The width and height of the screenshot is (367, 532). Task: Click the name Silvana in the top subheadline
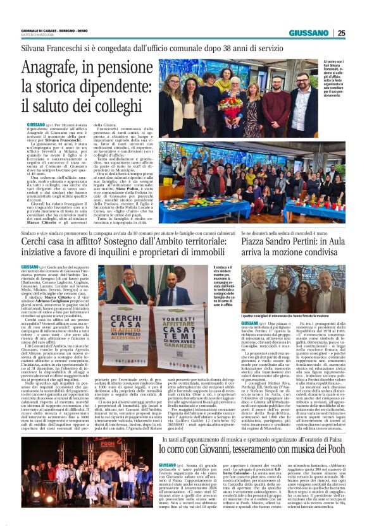[39, 48]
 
